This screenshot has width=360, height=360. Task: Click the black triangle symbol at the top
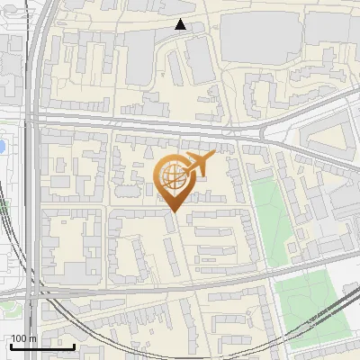click(181, 24)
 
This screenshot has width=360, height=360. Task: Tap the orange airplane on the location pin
click(197, 163)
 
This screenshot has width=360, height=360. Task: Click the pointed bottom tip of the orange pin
click(173, 212)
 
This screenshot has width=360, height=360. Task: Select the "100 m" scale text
click(23, 338)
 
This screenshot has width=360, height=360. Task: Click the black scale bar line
click(41, 346)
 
